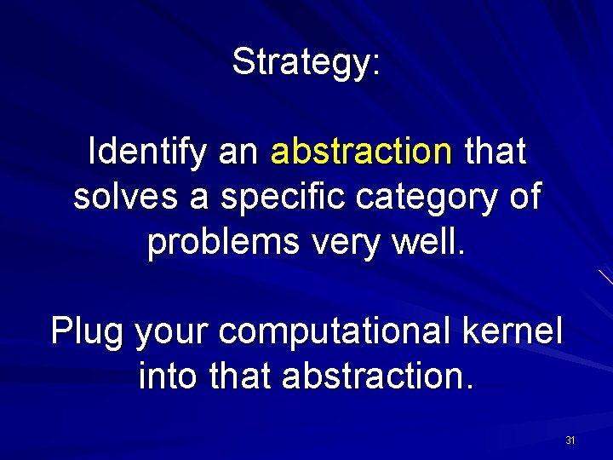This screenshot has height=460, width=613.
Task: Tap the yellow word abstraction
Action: tap(361, 152)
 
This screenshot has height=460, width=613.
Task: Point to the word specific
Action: tap(273, 197)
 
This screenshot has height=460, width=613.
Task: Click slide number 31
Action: tap(570, 440)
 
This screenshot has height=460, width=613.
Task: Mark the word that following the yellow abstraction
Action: tap(495, 152)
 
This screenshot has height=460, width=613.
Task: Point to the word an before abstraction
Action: tap(238, 153)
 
